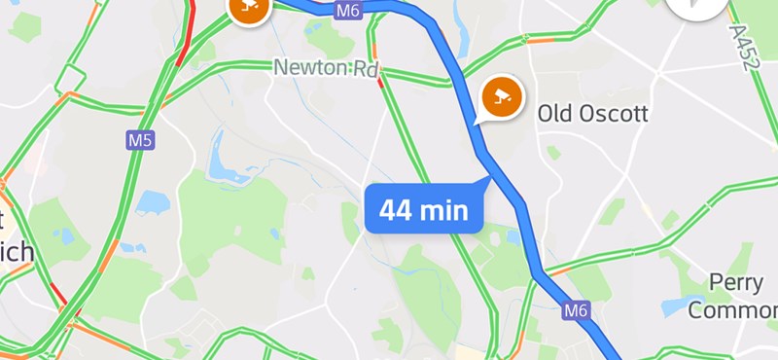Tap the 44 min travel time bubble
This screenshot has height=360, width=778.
tap(424, 209)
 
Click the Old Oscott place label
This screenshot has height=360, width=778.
tap(592, 114)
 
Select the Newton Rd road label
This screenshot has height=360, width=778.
tap(325, 70)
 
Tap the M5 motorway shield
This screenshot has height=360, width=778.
tap(141, 141)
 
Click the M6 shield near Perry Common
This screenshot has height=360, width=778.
tap(577, 310)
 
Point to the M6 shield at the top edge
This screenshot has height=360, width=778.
tap(347, 11)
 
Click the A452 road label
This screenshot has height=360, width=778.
tap(741, 46)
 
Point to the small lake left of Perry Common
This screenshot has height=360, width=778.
tap(678, 306)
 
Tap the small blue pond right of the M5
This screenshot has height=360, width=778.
tap(154, 201)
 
